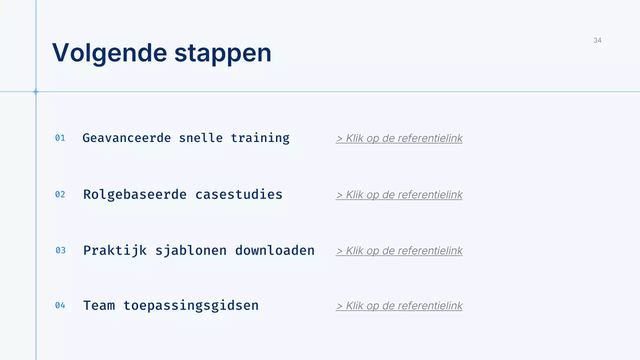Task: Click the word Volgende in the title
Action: (x=109, y=53)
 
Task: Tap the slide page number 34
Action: (x=597, y=40)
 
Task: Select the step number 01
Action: (x=60, y=138)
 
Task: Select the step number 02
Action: (x=60, y=194)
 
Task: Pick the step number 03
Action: (x=60, y=250)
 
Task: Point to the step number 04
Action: (x=60, y=305)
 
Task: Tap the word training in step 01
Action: (x=260, y=138)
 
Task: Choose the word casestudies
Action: (x=239, y=194)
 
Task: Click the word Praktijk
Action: (x=115, y=250)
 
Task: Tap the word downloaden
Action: (x=275, y=250)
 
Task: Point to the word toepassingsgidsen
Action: (x=191, y=305)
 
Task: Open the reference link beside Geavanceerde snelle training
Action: (x=399, y=138)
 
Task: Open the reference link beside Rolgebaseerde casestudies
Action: (x=399, y=195)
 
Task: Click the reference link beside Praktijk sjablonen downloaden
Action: (x=399, y=251)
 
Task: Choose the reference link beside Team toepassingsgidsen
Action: (x=399, y=306)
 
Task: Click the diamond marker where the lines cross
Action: (x=36, y=91)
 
